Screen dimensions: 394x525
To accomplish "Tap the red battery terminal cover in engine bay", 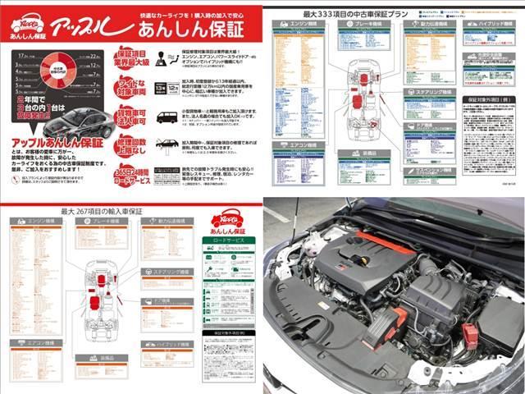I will (x=470, y=334).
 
